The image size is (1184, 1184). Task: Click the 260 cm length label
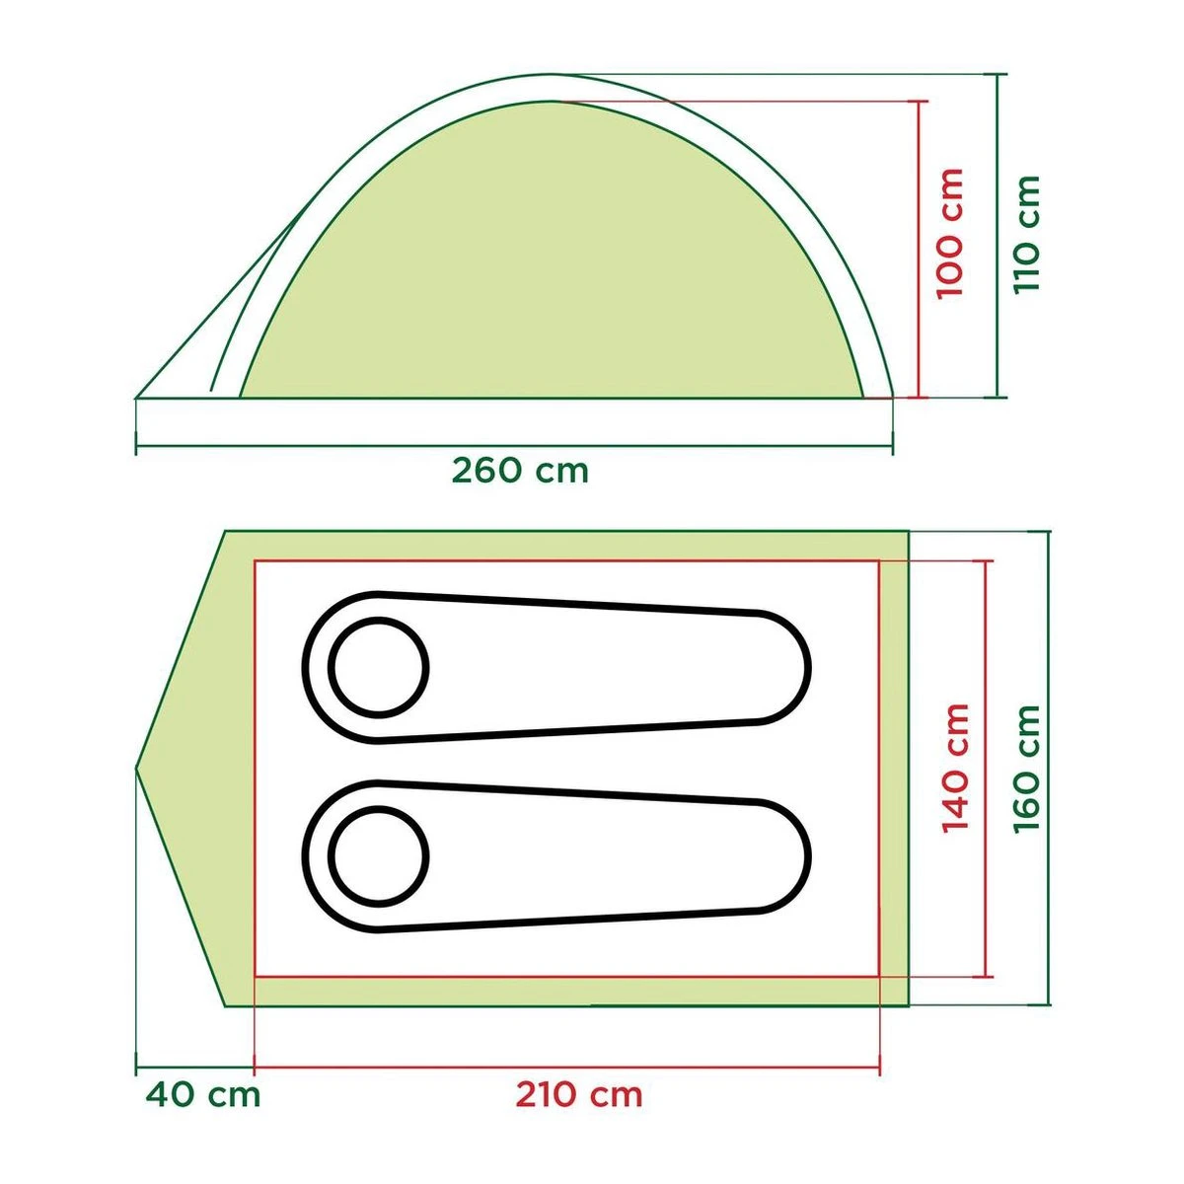520,471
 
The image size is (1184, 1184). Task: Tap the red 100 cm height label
949,234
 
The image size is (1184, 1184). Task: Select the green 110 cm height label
1027,234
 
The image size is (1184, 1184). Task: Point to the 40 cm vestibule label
203,1094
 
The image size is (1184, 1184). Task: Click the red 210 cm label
578,1094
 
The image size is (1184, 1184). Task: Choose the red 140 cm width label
955,767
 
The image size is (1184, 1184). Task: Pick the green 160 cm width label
1026,767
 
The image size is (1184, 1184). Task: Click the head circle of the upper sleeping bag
378,667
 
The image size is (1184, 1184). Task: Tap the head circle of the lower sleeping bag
378,854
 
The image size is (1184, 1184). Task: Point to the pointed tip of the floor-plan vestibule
137,767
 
